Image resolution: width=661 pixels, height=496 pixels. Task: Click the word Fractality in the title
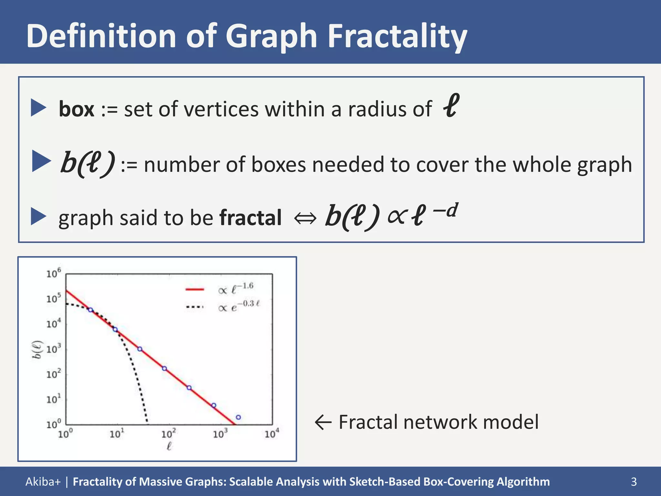click(x=397, y=36)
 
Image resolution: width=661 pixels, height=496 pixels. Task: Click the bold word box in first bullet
click(x=76, y=109)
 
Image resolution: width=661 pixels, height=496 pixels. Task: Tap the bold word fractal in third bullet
click(x=250, y=218)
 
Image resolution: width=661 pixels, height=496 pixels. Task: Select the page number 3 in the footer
click(x=634, y=481)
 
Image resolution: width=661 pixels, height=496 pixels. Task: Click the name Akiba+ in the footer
click(x=43, y=481)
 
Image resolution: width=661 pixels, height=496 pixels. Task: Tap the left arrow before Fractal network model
click(x=323, y=422)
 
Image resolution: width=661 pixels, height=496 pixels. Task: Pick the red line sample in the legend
click(x=195, y=290)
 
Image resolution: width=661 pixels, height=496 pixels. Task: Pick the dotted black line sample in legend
click(x=195, y=307)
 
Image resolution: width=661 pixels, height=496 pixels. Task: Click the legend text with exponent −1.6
click(x=236, y=288)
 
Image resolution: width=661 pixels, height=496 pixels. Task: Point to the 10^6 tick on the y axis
click(x=53, y=274)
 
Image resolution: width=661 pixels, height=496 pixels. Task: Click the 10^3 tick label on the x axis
click(x=220, y=434)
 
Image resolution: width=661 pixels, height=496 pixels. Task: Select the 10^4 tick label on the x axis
click(x=271, y=434)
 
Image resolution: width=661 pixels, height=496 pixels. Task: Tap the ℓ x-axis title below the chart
click(x=169, y=447)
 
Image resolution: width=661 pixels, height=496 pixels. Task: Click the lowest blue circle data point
click(x=238, y=417)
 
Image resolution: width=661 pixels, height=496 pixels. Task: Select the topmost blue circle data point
click(x=91, y=310)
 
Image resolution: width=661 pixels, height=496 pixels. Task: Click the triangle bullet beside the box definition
click(x=39, y=108)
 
